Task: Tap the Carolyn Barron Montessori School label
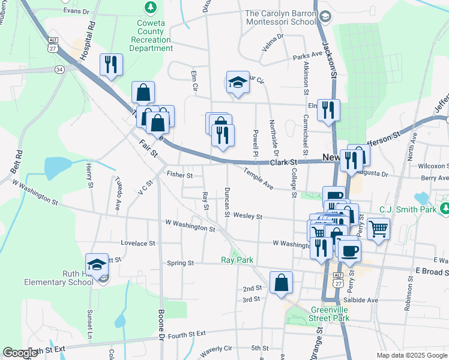[x=280, y=17]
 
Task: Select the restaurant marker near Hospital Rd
[x=111, y=64]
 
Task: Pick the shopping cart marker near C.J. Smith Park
[x=378, y=228]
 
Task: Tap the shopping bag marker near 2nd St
[x=281, y=283]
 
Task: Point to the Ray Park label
[x=237, y=260]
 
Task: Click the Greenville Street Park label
[x=330, y=314]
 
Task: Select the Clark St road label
[x=283, y=162]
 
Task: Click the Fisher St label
[x=179, y=176]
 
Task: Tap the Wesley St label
[x=248, y=216]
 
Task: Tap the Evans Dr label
[x=76, y=11]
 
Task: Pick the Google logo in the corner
[x=20, y=353]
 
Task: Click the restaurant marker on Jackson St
[x=328, y=110]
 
